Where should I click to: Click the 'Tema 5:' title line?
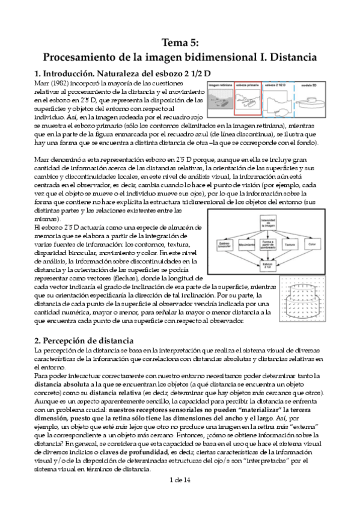(180, 42)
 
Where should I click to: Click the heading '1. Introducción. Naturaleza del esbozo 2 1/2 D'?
(122, 73)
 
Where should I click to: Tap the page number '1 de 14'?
(180, 497)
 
